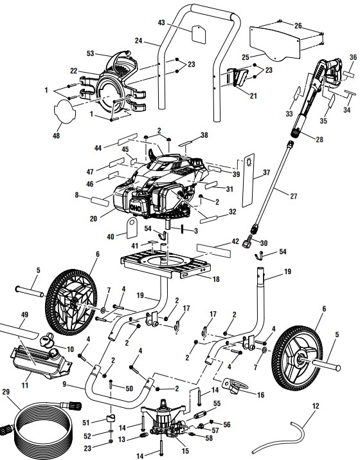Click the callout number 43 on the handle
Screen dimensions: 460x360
161,23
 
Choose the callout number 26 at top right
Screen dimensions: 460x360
298,26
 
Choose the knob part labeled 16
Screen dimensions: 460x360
240,386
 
